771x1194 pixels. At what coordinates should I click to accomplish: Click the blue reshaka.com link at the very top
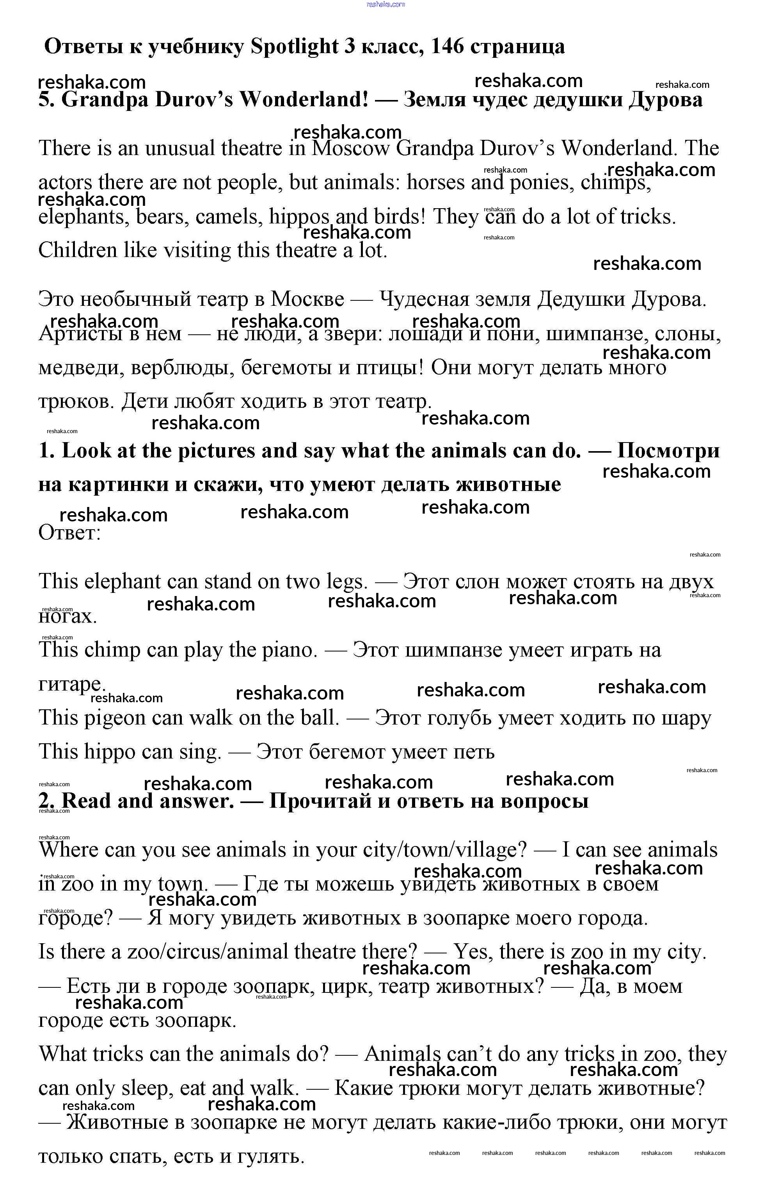[385, 5]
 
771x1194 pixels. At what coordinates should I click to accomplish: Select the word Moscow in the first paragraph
[350, 148]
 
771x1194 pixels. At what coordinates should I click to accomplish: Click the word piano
[290, 650]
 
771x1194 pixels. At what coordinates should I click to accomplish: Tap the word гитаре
[71, 684]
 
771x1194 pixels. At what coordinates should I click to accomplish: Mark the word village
[491, 850]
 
